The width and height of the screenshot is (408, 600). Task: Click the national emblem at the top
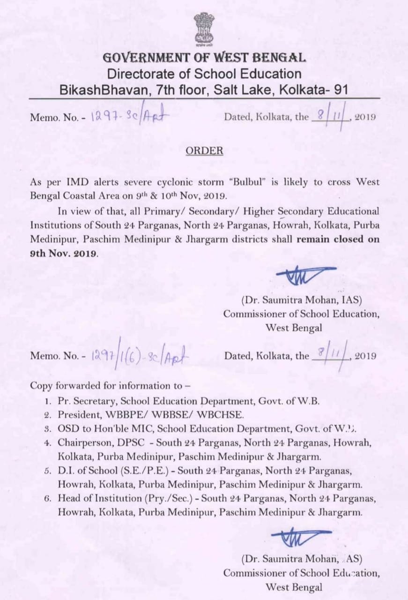coord(204,29)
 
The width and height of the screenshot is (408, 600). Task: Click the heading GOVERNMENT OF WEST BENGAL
coord(204,58)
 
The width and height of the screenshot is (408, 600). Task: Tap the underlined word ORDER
coord(204,151)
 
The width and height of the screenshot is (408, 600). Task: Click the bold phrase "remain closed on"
coord(338,238)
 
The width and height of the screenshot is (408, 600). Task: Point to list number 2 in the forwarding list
coord(47,415)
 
